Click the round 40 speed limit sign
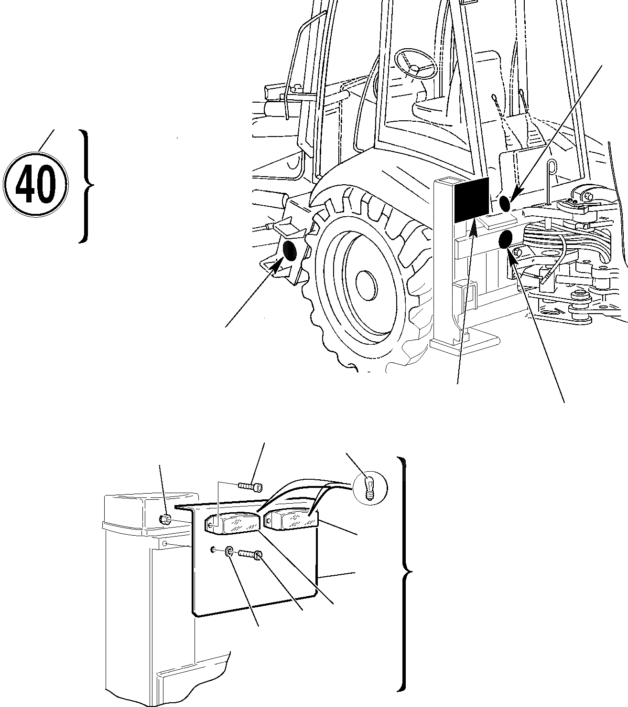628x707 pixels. pos(36,184)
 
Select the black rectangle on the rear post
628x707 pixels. pos(471,200)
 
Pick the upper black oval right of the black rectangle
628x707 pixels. pos(505,203)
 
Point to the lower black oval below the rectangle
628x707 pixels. pos(506,239)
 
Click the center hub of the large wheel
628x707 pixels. pos(367,285)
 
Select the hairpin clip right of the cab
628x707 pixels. pos(553,168)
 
